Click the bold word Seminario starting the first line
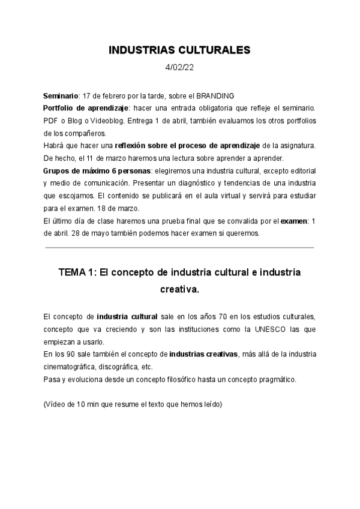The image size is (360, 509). click(x=61, y=96)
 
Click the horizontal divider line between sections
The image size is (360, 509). click(x=179, y=247)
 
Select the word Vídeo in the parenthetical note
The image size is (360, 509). click(x=56, y=405)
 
